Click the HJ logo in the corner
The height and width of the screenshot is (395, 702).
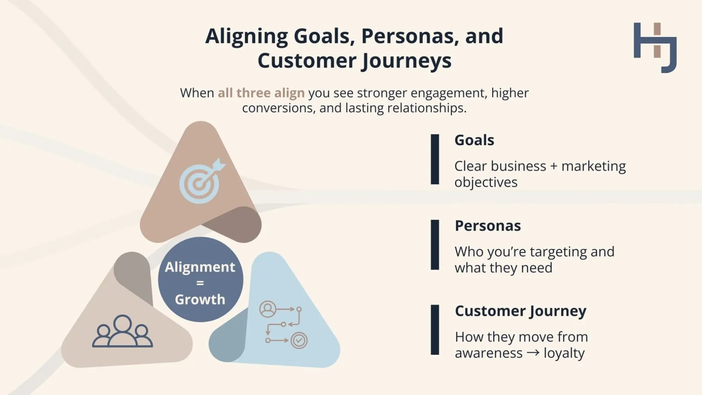point(655,47)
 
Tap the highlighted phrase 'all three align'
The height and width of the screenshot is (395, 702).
point(261,93)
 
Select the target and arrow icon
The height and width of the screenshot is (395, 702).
point(201,181)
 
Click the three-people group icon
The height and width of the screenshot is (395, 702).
point(122,331)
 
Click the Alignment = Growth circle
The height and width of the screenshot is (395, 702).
point(200,280)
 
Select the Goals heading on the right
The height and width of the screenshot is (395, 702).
point(474,140)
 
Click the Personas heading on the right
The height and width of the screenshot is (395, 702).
point(488,226)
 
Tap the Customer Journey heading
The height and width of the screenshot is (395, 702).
point(520,311)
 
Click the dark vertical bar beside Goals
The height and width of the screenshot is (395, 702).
point(435,159)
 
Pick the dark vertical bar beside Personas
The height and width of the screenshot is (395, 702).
point(435,245)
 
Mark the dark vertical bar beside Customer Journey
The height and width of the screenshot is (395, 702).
point(435,330)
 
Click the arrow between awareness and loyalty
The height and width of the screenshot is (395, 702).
point(533,353)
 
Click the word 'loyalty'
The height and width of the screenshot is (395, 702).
point(564,353)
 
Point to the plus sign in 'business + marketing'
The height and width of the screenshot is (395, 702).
point(553,166)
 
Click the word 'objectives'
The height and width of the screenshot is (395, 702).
point(486,182)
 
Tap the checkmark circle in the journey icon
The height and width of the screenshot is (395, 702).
point(299,340)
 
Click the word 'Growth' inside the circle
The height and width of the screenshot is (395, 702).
point(200,299)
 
